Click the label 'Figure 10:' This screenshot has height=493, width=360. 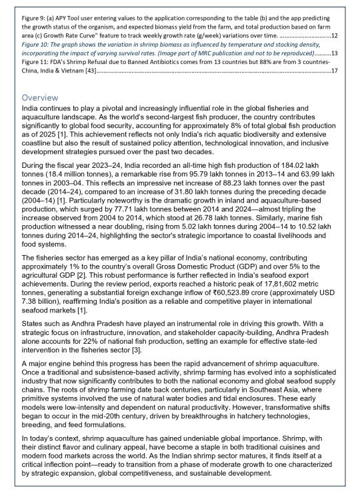pos(37,43)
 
